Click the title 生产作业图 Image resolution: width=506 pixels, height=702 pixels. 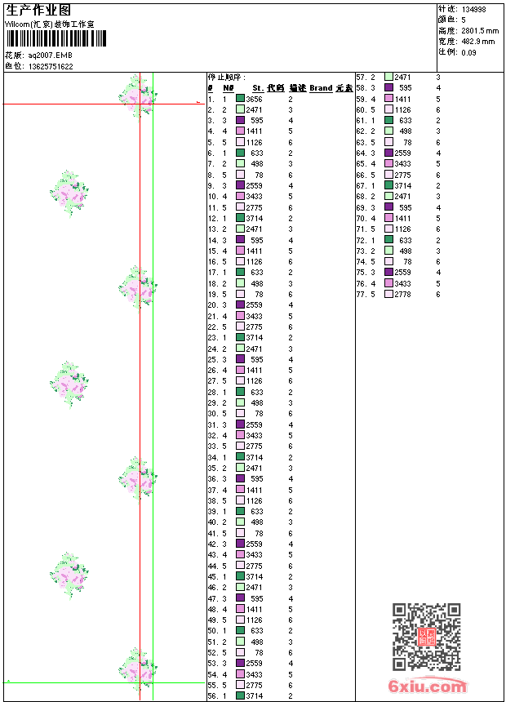[38, 9]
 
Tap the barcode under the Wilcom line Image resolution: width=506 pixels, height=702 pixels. [49, 39]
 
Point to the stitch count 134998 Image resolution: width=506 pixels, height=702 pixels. [474, 9]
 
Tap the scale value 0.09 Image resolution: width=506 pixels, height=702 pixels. [468, 51]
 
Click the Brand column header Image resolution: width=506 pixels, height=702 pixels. [321, 87]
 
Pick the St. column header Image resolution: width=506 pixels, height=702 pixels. [258, 87]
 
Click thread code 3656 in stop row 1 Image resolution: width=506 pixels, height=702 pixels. [254, 98]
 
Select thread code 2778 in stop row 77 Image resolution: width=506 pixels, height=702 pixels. [402, 294]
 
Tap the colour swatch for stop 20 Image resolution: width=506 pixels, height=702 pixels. [241, 304]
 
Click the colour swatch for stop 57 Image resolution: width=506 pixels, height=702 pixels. [389, 77]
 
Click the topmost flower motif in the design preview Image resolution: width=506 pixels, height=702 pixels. [137, 95]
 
